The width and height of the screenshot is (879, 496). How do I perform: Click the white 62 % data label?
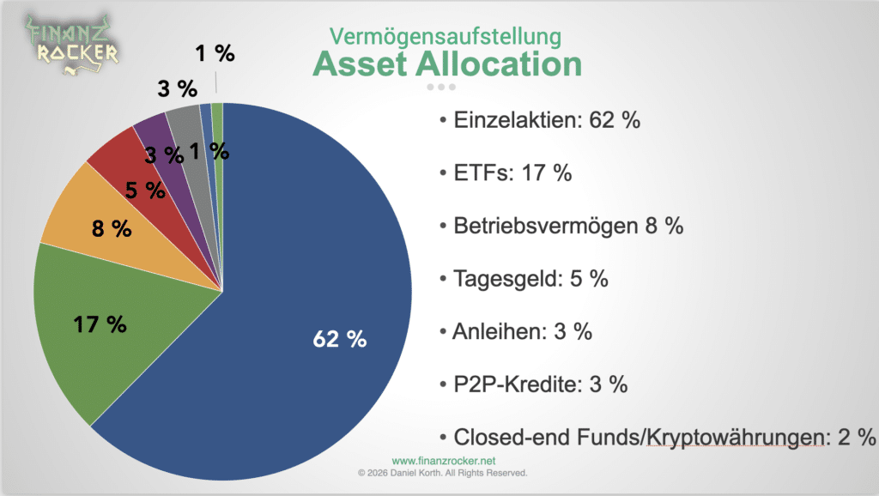pos(340,339)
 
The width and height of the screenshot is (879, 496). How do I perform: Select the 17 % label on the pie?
pos(100,324)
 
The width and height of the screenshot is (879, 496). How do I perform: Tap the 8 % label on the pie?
pos(112,229)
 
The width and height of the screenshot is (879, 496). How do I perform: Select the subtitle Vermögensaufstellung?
pos(446,36)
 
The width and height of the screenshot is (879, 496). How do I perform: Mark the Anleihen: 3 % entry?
pos(522,330)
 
